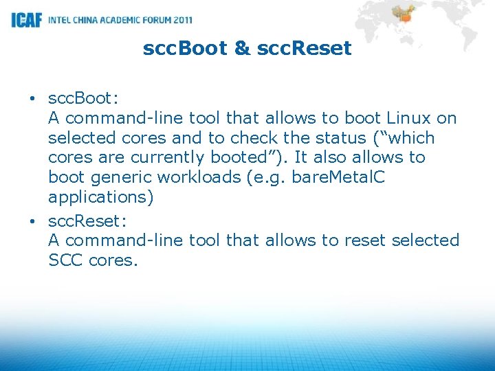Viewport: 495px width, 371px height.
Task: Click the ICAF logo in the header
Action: pyautogui.click(x=26, y=20)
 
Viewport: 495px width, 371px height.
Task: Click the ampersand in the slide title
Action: pyautogui.click(x=242, y=49)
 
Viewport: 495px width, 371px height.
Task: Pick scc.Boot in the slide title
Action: pyautogui.click(x=186, y=49)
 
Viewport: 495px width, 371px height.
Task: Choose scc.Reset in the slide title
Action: pyautogui.click(x=303, y=49)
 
